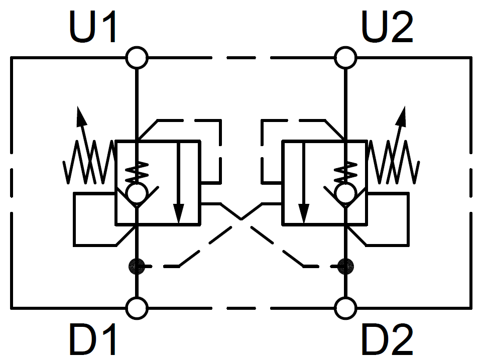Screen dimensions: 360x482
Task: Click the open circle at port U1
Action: coord(136,58)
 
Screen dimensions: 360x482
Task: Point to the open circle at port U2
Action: coord(345,58)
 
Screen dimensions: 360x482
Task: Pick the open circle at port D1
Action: coord(136,307)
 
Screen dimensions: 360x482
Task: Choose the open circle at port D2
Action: coord(345,307)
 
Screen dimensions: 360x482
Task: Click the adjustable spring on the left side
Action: coord(89,162)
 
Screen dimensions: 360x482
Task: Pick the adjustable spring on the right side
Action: coord(393,162)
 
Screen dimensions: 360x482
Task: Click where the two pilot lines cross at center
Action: coord(241,219)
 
